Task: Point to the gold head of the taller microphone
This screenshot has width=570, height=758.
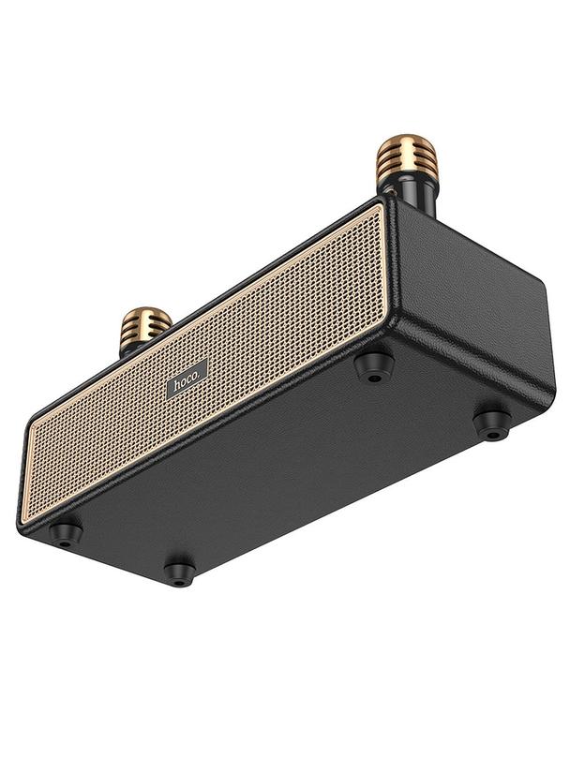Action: pos(406,160)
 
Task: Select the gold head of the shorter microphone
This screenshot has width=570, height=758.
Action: pos(145,325)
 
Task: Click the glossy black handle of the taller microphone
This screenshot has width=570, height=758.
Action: pos(418,198)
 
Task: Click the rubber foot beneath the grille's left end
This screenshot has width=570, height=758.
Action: pos(66,533)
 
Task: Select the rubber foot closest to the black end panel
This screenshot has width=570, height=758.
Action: pos(491,424)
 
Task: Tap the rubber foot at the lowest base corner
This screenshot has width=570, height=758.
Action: pos(179,571)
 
